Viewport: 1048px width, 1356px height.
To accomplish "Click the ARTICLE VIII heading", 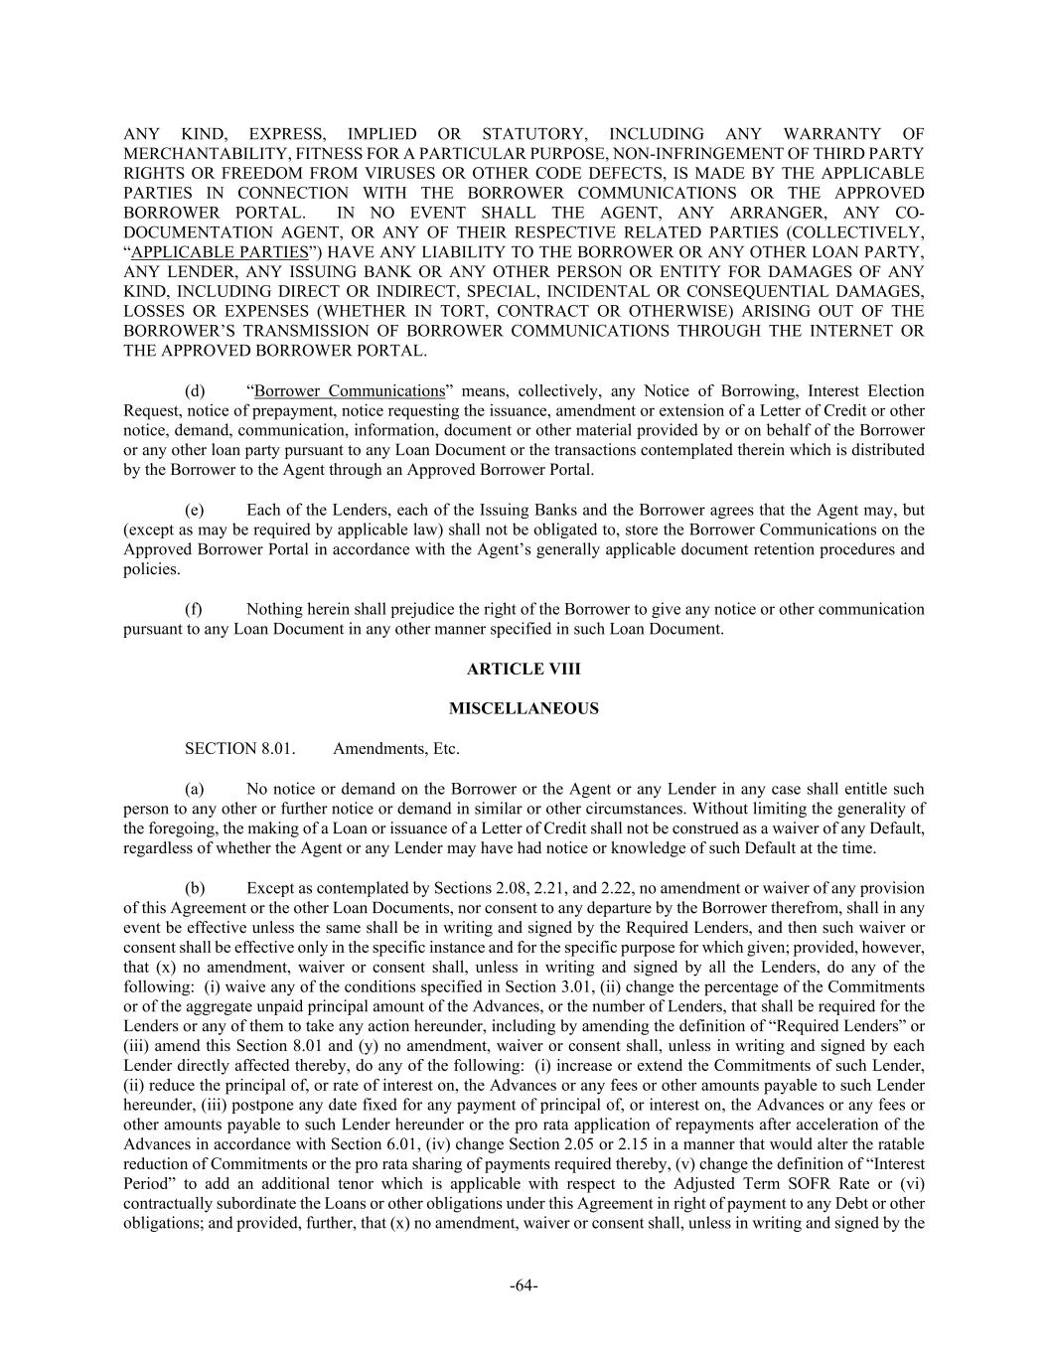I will coord(524,670).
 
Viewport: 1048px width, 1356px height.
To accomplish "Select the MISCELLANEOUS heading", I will coord(524,709).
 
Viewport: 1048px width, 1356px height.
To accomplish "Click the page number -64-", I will coord(524,1286).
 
